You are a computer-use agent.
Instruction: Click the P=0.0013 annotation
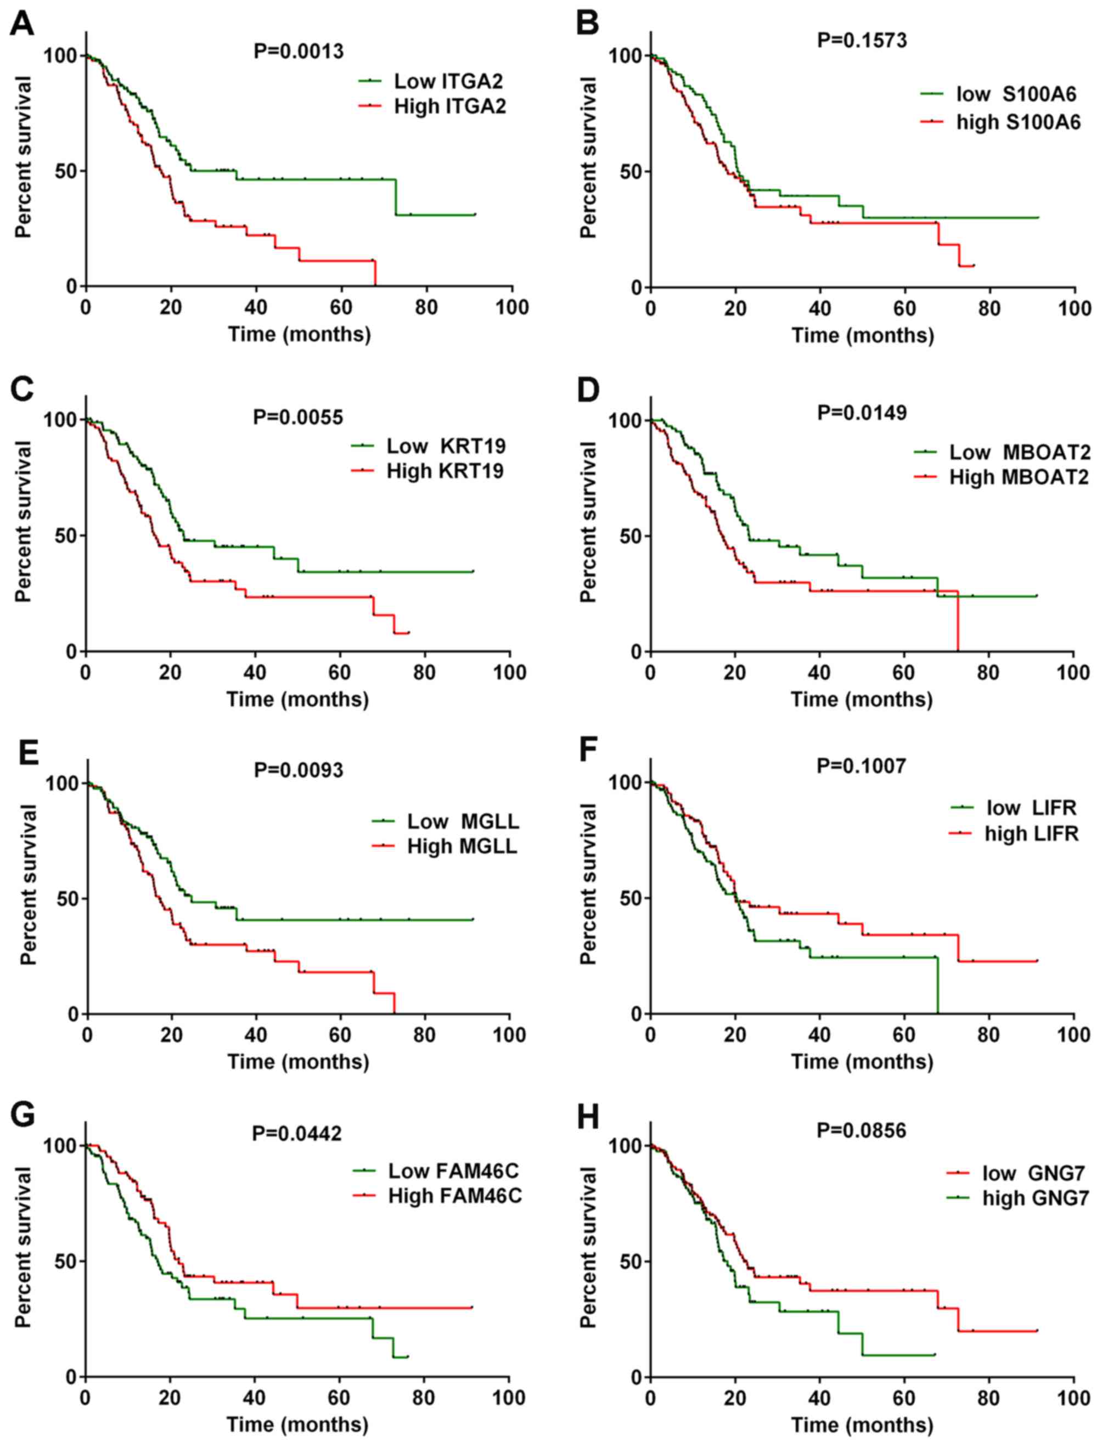pyautogui.click(x=299, y=51)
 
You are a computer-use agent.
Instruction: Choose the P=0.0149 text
pyautogui.click(x=862, y=413)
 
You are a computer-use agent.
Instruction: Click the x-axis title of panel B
pyautogui.click(x=863, y=335)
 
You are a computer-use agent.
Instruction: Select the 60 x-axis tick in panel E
pyautogui.click(x=340, y=1035)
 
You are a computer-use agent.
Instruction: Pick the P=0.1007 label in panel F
pyautogui.click(x=861, y=765)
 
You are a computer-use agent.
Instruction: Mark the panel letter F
pyautogui.click(x=587, y=752)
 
